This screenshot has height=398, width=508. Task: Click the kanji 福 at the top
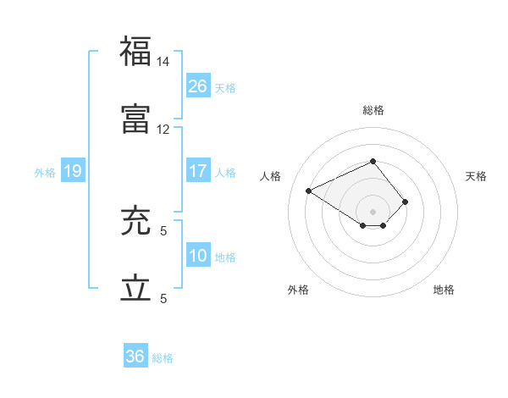click(136, 52)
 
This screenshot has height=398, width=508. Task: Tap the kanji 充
click(136, 222)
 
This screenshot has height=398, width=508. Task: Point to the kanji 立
click(136, 288)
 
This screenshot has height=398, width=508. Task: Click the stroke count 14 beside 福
click(163, 63)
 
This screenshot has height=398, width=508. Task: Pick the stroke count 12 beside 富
click(163, 129)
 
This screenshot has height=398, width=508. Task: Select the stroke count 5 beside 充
click(163, 229)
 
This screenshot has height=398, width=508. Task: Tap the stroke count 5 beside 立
click(163, 298)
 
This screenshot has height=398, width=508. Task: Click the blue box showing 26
click(198, 86)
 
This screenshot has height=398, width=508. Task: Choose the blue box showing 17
click(198, 170)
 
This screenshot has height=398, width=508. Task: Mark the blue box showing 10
click(198, 256)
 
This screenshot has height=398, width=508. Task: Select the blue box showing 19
click(73, 171)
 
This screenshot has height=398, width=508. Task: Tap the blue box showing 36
click(135, 357)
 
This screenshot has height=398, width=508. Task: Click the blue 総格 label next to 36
click(163, 358)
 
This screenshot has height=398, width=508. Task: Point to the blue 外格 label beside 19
click(45, 173)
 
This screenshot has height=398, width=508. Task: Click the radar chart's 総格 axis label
click(373, 110)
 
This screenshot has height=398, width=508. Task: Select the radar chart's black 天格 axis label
click(476, 176)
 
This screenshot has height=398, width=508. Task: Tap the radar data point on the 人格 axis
click(309, 190)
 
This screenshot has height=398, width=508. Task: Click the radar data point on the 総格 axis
click(373, 161)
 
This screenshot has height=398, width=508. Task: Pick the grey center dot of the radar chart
click(373, 211)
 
